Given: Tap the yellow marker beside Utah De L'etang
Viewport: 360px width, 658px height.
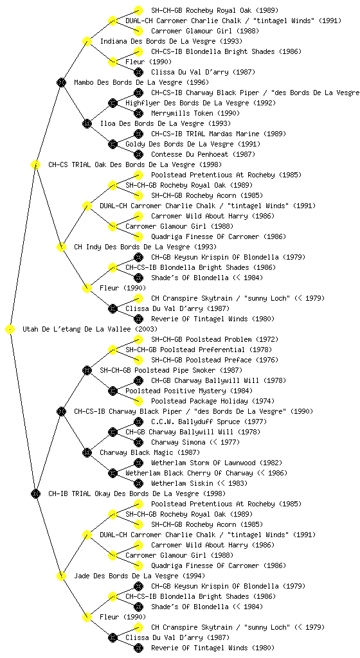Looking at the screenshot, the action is click(x=10, y=330).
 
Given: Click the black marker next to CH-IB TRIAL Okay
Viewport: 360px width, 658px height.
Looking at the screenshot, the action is click(x=35, y=494).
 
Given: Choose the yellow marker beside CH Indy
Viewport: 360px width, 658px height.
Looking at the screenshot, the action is click(x=61, y=247).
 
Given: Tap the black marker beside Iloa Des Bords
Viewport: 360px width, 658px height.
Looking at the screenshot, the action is click(x=87, y=124).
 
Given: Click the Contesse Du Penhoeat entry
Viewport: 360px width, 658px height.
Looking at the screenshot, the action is click(x=187, y=154).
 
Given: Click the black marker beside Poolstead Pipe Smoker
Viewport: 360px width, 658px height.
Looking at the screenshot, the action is click(x=87, y=371).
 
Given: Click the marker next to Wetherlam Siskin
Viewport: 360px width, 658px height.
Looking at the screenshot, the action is click(x=138, y=483).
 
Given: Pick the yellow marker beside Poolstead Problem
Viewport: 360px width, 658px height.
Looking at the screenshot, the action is click(x=138, y=339).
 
